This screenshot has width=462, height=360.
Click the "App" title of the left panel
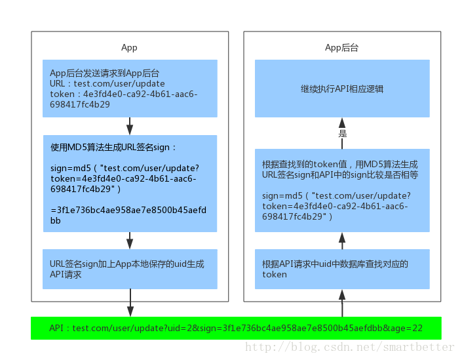pyautogui.click(x=129, y=48)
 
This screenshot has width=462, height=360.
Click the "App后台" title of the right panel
pyautogui.click(x=341, y=48)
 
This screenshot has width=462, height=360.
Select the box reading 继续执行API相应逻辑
pyautogui.click(x=342, y=89)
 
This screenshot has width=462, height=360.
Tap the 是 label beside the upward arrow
pyautogui.click(x=342, y=134)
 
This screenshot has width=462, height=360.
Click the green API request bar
pyautogui.click(x=236, y=328)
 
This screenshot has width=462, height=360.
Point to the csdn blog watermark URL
pyautogui.click(x=350, y=347)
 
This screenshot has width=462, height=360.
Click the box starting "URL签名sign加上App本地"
pyautogui.click(x=130, y=269)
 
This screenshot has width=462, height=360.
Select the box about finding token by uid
pyautogui.click(x=342, y=269)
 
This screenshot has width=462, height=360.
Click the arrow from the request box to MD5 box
pyautogui.click(x=130, y=126)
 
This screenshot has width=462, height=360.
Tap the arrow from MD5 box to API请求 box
pyautogui.click(x=130, y=241)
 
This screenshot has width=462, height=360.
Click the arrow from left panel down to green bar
pyautogui.click(x=130, y=303)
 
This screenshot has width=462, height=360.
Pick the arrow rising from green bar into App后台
pyautogui.click(x=342, y=303)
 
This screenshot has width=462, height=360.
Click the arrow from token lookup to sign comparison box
pyautogui.click(x=342, y=241)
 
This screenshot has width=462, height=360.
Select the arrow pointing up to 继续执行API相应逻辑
pyautogui.click(x=342, y=133)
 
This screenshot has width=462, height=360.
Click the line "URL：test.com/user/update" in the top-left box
pyautogui.click(x=107, y=84)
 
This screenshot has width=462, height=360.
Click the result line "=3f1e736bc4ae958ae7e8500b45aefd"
pyautogui.click(x=128, y=210)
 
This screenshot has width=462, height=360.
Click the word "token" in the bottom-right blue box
pyautogui.click(x=275, y=275)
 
